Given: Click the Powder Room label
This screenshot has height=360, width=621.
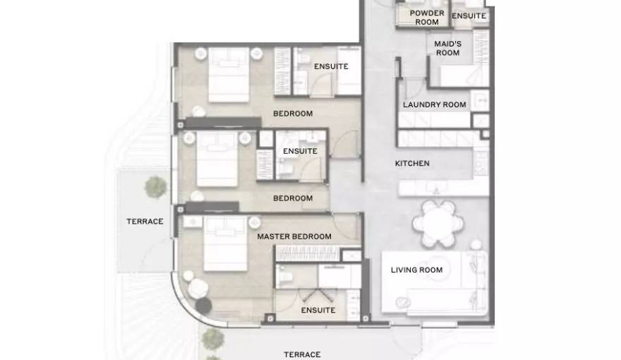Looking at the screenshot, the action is coord(426,18).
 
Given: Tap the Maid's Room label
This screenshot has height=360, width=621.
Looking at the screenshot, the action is coord(447,48).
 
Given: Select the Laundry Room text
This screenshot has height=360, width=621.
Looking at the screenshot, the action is coord(435,104).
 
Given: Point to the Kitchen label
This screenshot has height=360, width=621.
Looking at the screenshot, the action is coord(412,163).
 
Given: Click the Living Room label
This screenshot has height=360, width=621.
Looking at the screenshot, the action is coord(416,270).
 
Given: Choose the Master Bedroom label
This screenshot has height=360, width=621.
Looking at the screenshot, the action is coord(294,236).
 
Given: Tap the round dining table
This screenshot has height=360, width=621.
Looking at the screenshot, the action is coord(438,223).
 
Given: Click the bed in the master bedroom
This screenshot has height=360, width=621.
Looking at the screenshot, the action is coord(225,244).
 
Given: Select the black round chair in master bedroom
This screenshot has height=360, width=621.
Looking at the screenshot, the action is coord(203,306).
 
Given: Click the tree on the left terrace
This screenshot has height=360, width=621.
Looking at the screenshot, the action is coord(155,187).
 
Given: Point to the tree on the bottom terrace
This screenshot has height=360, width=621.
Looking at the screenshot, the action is coord(213,339).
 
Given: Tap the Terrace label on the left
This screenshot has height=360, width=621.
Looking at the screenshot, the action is coord(145,222).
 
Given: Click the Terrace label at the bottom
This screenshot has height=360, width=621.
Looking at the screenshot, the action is coord(302,354).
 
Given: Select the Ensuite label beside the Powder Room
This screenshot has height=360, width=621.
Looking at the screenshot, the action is coord(469,16).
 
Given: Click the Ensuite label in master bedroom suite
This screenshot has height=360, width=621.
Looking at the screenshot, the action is coord(318,310).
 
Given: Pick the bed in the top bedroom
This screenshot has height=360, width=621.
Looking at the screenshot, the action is coord(229,75).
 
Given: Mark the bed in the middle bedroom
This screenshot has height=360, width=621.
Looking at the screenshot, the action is coord(217,160).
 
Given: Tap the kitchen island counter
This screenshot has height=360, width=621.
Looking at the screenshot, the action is coord(444,188).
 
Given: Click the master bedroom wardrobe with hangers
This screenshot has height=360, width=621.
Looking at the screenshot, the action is coord(308,253).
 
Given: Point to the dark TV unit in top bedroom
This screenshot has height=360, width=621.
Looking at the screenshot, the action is coord(224,122).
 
